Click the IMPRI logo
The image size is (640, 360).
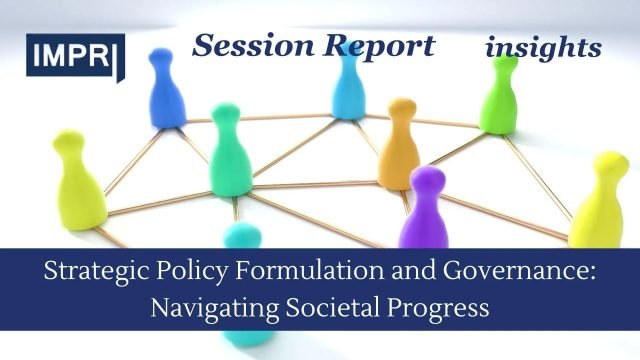click(75, 56)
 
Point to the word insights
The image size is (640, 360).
click(544, 47)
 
